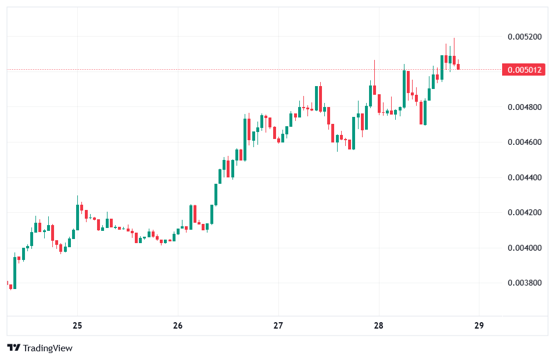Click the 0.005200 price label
click(524, 37)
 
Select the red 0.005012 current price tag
click(524, 70)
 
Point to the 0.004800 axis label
click(524, 107)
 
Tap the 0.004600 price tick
click(524, 142)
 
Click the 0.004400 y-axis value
click(524, 177)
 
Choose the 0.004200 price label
click(524, 212)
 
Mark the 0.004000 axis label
click(524, 248)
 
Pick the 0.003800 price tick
click(524, 283)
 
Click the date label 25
click(77, 325)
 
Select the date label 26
click(178, 325)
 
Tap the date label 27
click(278, 325)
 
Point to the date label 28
click(378, 325)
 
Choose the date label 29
click(479, 325)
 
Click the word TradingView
click(48, 348)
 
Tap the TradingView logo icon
click(14, 348)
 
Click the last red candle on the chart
click(459, 66)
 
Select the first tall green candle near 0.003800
click(15, 273)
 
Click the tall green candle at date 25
click(77, 217)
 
